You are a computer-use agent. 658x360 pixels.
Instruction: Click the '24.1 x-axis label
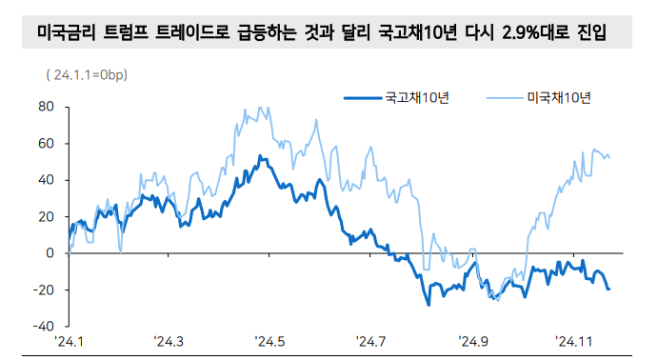tap(70, 341)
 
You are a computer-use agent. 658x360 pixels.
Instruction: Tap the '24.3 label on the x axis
tap(170, 341)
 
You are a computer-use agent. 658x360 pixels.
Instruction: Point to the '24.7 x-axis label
tap(371, 341)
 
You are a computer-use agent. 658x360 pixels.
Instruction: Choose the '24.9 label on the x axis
tap(472, 341)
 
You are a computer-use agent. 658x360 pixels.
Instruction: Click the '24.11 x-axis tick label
tap(574, 341)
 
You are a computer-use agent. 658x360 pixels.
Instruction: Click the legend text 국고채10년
tap(416, 97)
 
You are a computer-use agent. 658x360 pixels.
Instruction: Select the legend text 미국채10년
tap(559, 97)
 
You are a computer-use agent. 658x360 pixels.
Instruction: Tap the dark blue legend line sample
tap(361, 97)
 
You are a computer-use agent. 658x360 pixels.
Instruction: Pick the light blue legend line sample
tap(504, 97)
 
